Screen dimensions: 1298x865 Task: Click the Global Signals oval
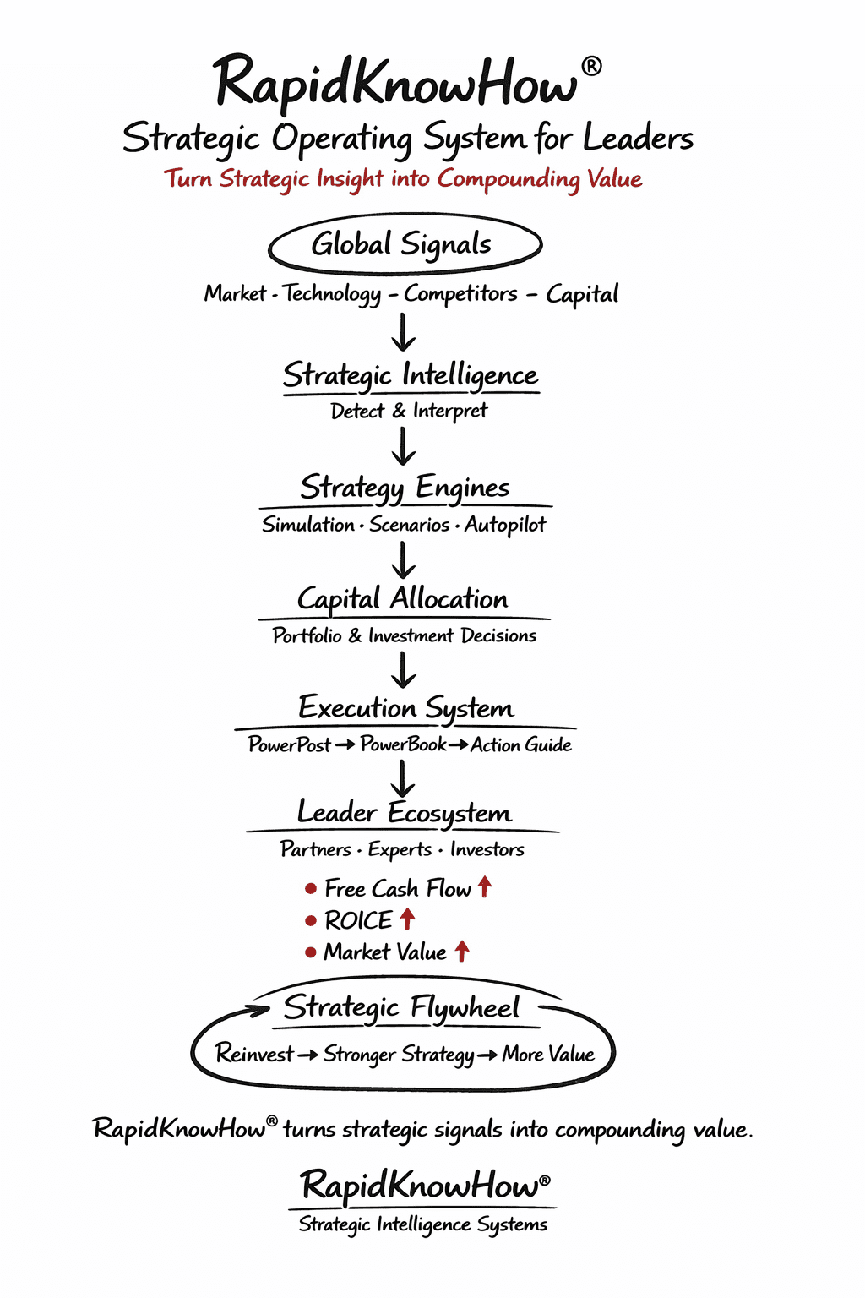point(405,244)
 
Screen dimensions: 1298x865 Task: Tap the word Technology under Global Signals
point(332,293)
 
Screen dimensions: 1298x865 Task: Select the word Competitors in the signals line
point(460,293)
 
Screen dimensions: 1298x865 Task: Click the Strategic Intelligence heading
point(410,374)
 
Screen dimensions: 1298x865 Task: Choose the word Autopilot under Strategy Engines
point(505,525)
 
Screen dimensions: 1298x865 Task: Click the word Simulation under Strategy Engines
point(307,525)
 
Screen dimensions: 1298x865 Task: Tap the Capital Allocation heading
point(403,599)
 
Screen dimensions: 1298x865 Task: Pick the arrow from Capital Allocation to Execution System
point(404,670)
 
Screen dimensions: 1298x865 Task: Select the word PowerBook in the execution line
point(403,744)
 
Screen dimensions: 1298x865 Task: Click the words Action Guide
point(521,744)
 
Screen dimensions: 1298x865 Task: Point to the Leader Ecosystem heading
point(404,813)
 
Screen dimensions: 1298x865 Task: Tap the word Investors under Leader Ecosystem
point(487,849)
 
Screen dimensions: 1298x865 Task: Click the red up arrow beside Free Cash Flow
point(485,886)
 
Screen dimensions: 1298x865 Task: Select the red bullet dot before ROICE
point(311,920)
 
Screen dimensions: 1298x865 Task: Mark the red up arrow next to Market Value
point(462,951)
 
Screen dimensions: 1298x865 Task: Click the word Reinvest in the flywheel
point(254,1054)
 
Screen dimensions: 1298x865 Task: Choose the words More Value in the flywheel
point(548,1054)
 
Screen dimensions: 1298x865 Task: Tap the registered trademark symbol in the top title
point(592,66)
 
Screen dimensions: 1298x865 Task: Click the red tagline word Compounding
point(509,179)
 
